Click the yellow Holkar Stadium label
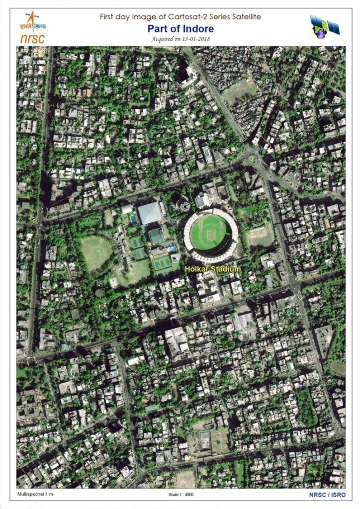(x=212, y=269)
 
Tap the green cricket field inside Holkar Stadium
(x=208, y=232)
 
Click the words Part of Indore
(x=180, y=29)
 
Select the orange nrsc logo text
(x=32, y=38)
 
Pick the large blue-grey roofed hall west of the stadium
(x=150, y=213)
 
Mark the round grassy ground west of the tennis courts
(x=96, y=253)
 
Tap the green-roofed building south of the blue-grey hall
(x=156, y=235)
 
